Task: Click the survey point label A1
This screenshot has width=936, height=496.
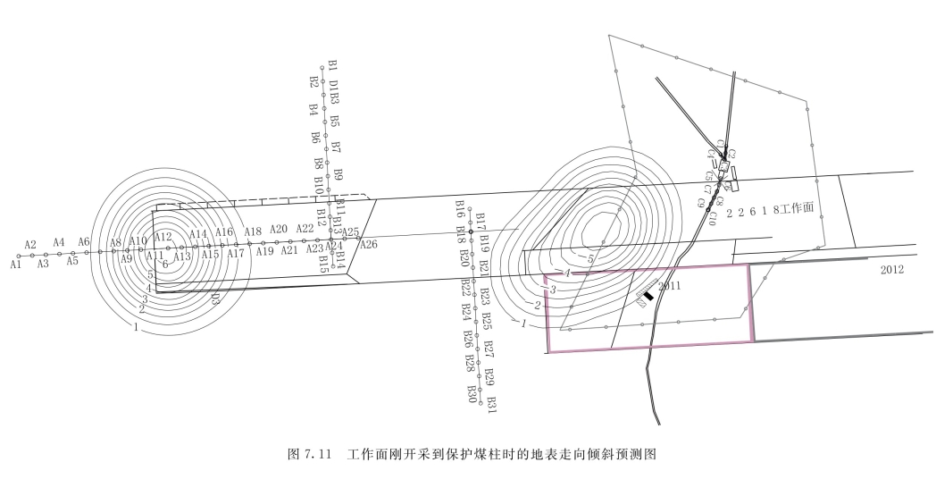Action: pyautogui.click(x=15, y=265)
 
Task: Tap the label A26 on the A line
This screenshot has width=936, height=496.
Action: pyautogui.click(x=368, y=244)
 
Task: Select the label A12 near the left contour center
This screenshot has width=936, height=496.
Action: pyautogui.click(x=163, y=237)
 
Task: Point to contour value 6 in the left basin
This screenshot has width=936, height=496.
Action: pyautogui.click(x=164, y=265)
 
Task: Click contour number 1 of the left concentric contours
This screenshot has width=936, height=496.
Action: pyautogui.click(x=135, y=328)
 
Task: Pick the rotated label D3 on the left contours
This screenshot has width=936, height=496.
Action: pyautogui.click(x=215, y=298)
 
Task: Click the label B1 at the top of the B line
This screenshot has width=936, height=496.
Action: pyautogui.click(x=332, y=66)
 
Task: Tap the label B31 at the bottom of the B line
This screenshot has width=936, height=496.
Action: pyautogui.click(x=491, y=404)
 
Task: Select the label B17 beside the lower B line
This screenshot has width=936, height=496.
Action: pyautogui.click(x=481, y=221)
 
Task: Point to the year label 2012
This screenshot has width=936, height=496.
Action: pyautogui.click(x=893, y=269)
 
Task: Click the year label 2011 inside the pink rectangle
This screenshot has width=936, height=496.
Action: pyautogui.click(x=670, y=286)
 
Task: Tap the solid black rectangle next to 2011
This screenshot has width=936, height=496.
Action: pyautogui.click(x=649, y=293)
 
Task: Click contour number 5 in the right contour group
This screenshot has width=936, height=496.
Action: pyautogui.click(x=590, y=258)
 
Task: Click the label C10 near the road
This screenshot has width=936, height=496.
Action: pyautogui.click(x=713, y=217)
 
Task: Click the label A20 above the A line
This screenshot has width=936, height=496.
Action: pyautogui.click(x=279, y=230)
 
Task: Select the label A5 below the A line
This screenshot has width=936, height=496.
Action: pyautogui.click(x=72, y=262)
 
